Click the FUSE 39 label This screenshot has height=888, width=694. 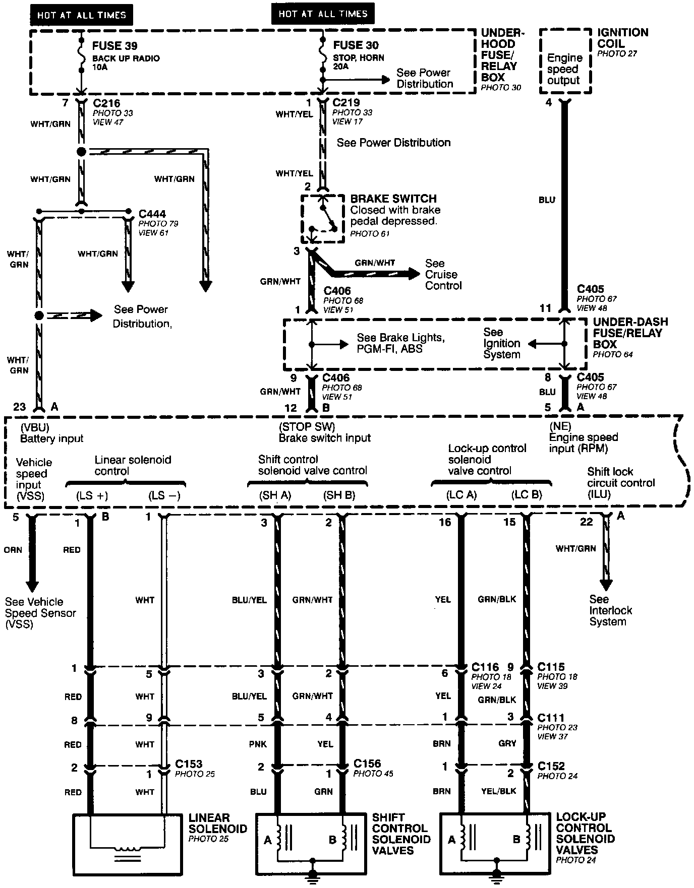point(114,46)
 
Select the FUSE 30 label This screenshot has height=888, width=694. point(356,46)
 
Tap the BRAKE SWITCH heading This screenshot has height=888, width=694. point(393,199)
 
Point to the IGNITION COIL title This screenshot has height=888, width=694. point(622,38)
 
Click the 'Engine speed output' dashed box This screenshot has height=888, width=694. point(565,61)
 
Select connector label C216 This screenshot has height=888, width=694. point(106,103)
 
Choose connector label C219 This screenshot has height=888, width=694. point(346,103)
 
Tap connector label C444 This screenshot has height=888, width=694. point(152,214)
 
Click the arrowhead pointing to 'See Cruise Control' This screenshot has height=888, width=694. point(414,274)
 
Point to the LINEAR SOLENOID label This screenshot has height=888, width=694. point(218,823)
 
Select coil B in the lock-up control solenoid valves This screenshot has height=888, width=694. point(528,839)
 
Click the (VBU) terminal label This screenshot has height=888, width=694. point(34,427)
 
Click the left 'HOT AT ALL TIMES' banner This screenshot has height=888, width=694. point(81,15)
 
